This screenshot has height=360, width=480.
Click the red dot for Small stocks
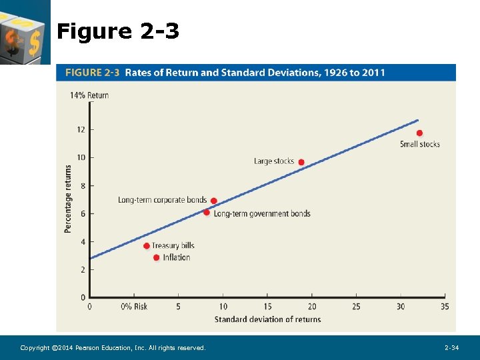point(419,133)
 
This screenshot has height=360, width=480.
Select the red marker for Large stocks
point(301,162)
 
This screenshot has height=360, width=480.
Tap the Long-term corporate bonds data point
point(213,201)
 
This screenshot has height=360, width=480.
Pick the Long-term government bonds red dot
point(207,213)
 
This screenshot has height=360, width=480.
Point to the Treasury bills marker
point(147,246)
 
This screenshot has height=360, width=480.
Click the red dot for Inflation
point(157,257)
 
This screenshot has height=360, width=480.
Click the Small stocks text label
point(419,144)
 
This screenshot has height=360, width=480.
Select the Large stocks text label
point(274,161)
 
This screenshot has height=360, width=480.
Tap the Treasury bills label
point(173,245)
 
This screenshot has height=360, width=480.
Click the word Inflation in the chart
point(177,257)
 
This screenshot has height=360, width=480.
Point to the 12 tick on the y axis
point(81,129)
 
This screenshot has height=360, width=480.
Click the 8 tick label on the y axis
point(83,186)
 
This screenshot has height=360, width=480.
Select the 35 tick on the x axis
point(445,307)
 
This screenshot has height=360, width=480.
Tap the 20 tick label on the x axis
point(312,307)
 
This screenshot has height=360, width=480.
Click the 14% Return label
point(89,95)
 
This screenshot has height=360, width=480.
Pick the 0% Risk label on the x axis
point(134,307)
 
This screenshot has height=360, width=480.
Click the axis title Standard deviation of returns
point(267,319)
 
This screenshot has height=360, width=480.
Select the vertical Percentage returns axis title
point(68,199)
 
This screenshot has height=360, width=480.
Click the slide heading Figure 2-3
point(118,31)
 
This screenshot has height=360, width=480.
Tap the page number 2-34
point(451,348)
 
